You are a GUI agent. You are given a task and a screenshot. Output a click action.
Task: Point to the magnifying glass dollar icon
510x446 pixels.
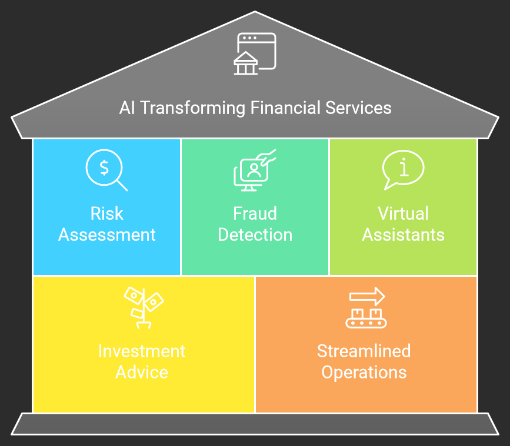tap(106, 170)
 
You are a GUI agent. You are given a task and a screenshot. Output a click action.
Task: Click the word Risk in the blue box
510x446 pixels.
tap(107, 213)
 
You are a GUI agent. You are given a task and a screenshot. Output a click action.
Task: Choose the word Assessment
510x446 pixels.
tap(107, 235)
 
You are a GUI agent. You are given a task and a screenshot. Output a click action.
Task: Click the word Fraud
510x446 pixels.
tap(255, 213)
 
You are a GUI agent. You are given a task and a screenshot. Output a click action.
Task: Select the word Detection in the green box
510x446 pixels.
tap(255, 235)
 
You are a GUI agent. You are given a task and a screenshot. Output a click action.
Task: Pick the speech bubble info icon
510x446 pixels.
tap(403, 170)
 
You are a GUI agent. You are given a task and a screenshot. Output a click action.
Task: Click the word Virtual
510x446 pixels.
tap(403, 213)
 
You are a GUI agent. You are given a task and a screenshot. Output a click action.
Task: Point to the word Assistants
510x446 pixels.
tap(403, 235)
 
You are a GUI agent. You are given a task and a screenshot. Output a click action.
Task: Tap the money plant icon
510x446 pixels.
tap(143, 307)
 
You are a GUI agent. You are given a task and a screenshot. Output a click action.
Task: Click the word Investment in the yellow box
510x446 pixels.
tap(142, 351)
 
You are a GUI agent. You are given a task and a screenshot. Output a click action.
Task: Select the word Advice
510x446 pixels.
tap(142, 373)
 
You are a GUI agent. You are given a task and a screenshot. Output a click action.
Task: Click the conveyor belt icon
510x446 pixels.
tap(366, 317)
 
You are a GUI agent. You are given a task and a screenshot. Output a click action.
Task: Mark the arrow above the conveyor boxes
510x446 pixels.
tap(366, 296)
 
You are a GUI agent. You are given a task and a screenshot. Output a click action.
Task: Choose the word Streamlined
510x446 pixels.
tap(364, 351)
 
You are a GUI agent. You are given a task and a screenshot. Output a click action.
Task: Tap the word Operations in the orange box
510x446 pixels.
tap(364, 373)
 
